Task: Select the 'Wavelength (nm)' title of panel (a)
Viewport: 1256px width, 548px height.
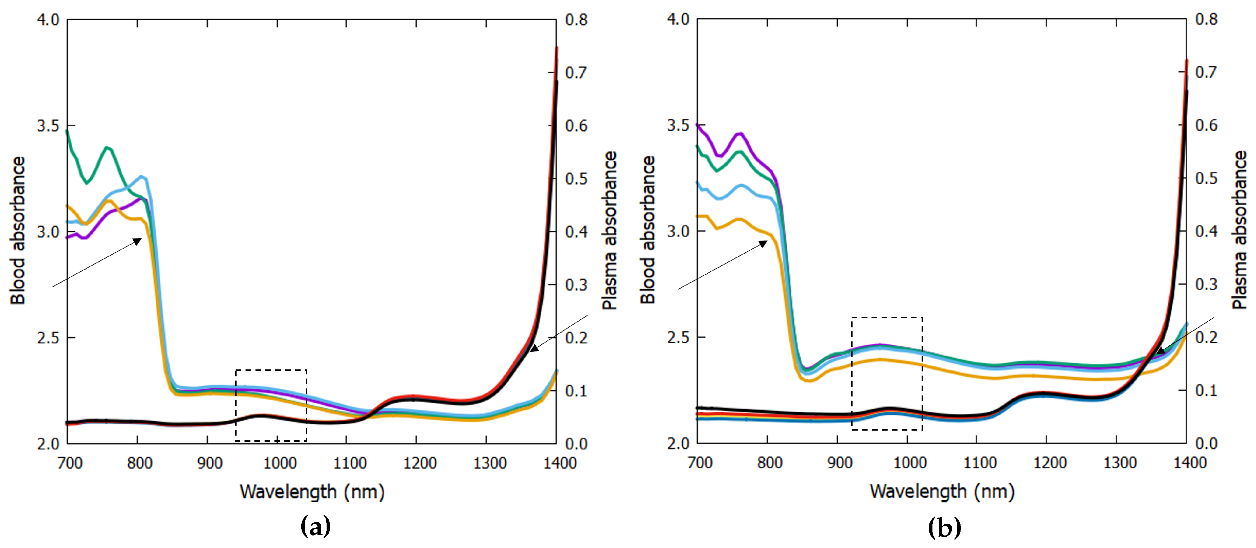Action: (x=312, y=492)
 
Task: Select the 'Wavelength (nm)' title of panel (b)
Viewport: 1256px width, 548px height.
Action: (x=942, y=492)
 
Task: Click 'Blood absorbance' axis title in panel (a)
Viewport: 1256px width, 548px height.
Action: (x=18, y=230)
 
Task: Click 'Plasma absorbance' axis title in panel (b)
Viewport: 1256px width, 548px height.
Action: (x=1239, y=230)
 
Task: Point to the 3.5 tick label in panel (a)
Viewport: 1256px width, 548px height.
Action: (x=48, y=126)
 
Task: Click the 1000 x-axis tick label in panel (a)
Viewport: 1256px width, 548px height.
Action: (x=279, y=463)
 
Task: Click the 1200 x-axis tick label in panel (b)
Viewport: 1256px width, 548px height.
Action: (x=1050, y=463)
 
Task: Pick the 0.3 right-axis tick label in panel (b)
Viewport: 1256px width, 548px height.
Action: (x=1206, y=284)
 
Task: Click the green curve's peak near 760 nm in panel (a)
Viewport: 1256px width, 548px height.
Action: (x=108, y=147)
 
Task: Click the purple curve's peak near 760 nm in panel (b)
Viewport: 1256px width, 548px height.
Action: (x=740, y=133)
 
